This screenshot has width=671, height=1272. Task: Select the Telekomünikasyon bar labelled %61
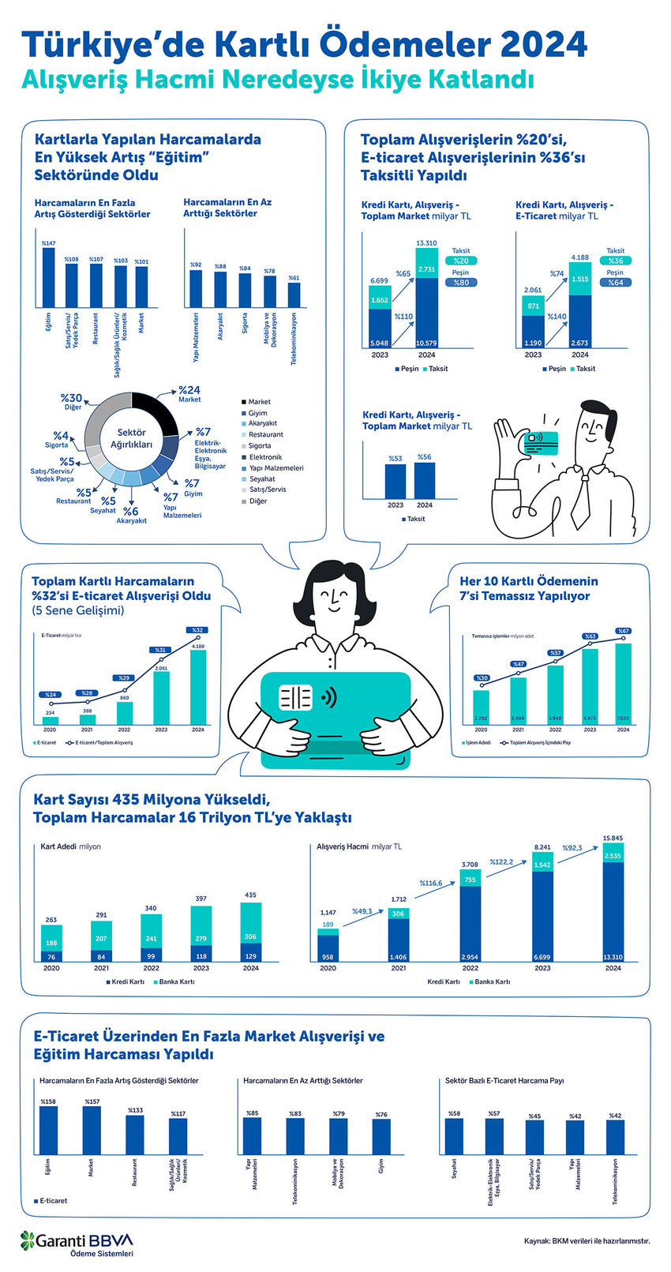pos(294,295)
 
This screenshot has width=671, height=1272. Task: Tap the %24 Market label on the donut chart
pos(189,393)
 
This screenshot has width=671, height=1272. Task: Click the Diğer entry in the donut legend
pos(258,501)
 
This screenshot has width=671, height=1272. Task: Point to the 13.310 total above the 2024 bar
pos(426,243)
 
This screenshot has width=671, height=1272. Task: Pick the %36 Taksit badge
pos(616,261)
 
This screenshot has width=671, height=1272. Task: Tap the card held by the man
pos(540,440)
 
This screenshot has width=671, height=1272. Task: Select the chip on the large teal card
pos(295,698)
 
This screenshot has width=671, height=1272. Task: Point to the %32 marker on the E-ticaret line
pos(197,630)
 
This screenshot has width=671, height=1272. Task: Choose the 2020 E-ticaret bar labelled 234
pos(51,720)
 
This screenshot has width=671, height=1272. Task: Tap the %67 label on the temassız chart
pos(624,631)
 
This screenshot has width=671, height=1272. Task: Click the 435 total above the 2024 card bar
pos(251,895)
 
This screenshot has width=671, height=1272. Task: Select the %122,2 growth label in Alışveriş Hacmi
pos(501,862)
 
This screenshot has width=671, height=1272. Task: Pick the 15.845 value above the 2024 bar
pos(613,839)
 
